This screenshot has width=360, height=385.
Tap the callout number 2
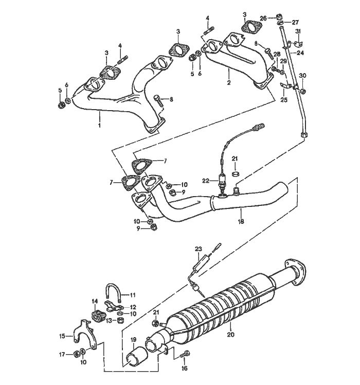229,82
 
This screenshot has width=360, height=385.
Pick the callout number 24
300,52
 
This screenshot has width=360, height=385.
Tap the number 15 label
62,336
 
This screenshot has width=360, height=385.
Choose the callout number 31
298,32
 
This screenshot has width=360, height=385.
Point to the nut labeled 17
77,354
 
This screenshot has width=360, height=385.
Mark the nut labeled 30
303,91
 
